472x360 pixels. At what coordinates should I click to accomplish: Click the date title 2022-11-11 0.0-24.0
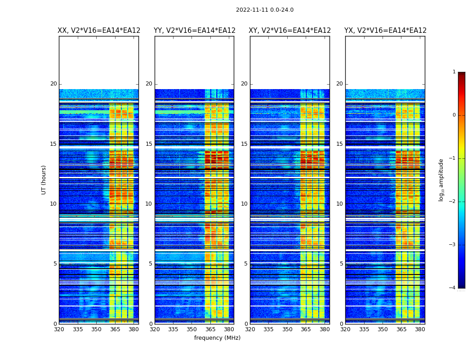[x=264, y=10]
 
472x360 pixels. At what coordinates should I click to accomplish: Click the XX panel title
[x=99, y=31]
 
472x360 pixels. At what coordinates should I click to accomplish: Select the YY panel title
[x=194, y=31]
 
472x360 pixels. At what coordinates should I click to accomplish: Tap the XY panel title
[x=289, y=31]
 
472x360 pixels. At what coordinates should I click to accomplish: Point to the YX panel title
[x=385, y=31]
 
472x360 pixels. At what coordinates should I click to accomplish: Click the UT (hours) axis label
[x=44, y=180]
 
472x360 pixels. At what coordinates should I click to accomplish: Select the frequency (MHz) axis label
[x=217, y=338]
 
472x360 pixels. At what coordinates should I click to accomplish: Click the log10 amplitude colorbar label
[x=441, y=180]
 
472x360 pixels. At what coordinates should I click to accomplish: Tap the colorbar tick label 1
[x=454, y=72]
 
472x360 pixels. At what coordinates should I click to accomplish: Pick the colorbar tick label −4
[x=453, y=288]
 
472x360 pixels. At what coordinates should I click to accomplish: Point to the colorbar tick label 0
[x=454, y=115]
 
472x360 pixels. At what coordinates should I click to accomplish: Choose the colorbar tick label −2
[x=453, y=202]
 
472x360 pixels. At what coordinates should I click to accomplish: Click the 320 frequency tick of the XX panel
[x=59, y=329]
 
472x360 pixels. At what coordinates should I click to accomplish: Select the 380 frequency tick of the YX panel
[x=420, y=329]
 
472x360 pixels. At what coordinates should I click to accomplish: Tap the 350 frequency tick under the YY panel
[x=191, y=329]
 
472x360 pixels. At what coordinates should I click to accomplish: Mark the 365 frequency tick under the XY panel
[x=306, y=329]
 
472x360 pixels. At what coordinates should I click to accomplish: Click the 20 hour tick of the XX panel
[x=53, y=84]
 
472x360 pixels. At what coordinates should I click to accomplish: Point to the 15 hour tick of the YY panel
[x=149, y=144]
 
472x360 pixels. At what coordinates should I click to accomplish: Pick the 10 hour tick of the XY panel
[x=244, y=204]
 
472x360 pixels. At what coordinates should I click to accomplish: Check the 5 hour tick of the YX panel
[x=341, y=264]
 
